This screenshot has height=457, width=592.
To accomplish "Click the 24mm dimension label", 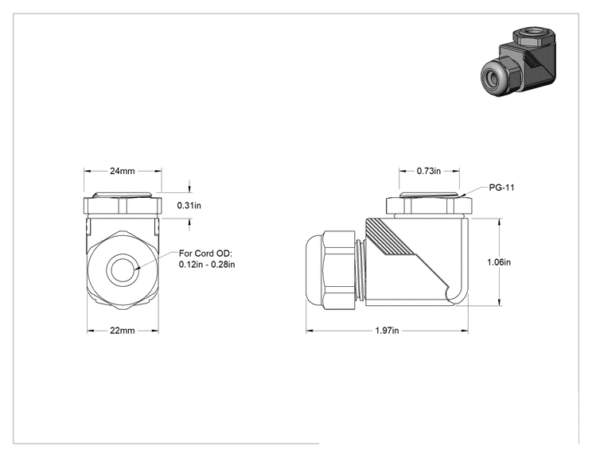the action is click(123, 171).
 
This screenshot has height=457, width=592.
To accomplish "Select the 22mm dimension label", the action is click(123, 331).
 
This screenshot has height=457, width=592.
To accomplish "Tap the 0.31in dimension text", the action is click(189, 206).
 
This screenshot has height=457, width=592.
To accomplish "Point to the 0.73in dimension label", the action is click(429, 171).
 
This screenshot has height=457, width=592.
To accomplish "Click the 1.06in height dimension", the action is click(499, 262).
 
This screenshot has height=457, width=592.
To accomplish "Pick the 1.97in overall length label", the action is click(387, 331).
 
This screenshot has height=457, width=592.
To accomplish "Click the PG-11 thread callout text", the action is click(502, 188).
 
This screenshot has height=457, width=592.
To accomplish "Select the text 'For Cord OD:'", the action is click(205, 254).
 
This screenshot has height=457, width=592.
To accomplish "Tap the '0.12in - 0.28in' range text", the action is click(207, 265).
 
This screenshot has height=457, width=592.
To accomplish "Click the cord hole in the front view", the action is click(123, 269).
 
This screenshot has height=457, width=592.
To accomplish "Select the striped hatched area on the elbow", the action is click(389, 238).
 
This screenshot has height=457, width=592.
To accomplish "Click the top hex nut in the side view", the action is click(429, 206).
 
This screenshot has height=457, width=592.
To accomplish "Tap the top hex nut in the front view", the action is click(123, 206).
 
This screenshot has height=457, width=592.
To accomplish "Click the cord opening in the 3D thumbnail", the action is click(492, 77).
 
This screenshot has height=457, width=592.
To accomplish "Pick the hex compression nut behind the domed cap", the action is click(340, 270).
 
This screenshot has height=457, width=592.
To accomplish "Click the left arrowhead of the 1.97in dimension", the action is click(310, 331).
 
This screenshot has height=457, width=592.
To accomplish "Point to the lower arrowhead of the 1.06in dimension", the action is click(500, 302).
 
